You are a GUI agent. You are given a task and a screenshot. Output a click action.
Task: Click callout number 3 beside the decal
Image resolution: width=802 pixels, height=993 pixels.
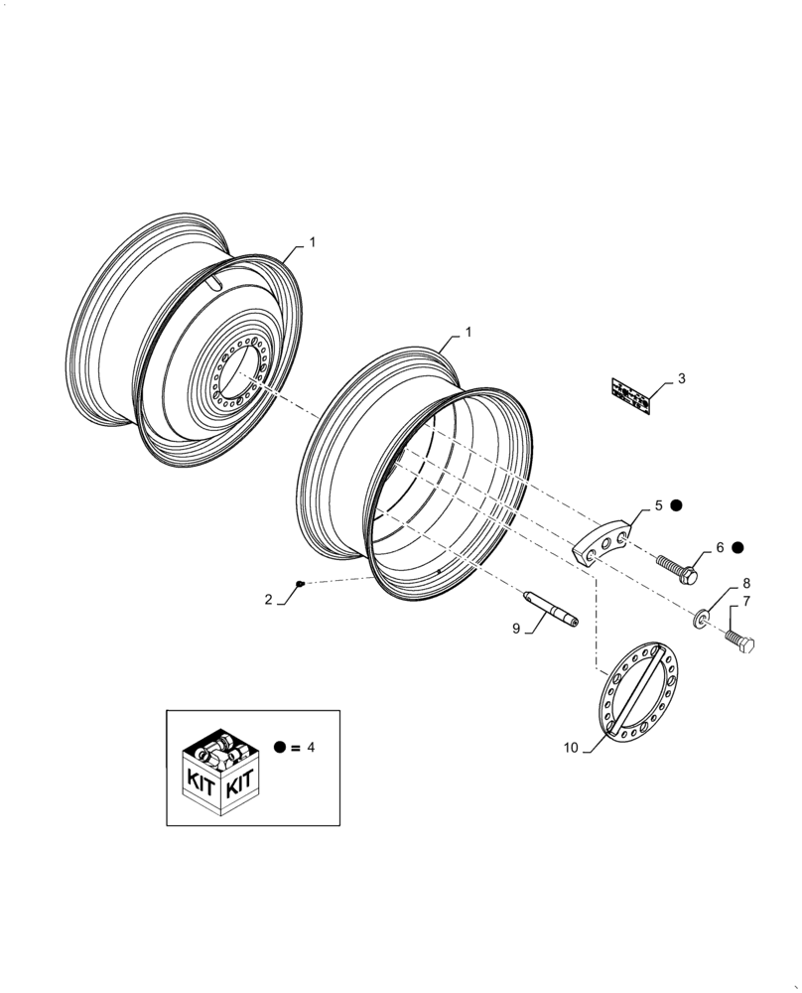[x=681, y=378]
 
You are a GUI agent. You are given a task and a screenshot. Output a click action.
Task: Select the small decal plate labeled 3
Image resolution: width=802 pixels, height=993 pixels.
[x=631, y=395]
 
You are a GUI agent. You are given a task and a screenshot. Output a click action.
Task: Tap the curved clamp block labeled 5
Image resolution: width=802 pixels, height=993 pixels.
[x=602, y=542]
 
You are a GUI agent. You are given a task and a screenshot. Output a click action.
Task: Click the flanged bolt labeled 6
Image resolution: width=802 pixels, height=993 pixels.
[x=678, y=569]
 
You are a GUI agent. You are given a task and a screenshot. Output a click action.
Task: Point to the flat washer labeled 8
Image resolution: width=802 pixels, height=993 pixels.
[x=702, y=621]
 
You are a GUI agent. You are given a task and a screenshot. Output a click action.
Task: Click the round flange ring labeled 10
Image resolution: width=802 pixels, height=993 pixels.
[x=634, y=688]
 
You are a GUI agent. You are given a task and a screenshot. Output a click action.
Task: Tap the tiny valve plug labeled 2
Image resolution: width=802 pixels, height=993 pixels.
[x=301, y=583]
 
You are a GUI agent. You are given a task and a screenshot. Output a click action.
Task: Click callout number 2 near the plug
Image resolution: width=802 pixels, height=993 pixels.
[x=269, y=599]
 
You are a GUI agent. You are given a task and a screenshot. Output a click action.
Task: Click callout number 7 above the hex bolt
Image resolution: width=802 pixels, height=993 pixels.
[x=745, y=601]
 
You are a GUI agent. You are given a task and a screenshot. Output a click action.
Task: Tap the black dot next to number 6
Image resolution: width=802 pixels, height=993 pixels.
[x=737, y=547]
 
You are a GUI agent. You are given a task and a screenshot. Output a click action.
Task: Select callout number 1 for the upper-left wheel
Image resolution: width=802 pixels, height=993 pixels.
[x=312, y=241]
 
